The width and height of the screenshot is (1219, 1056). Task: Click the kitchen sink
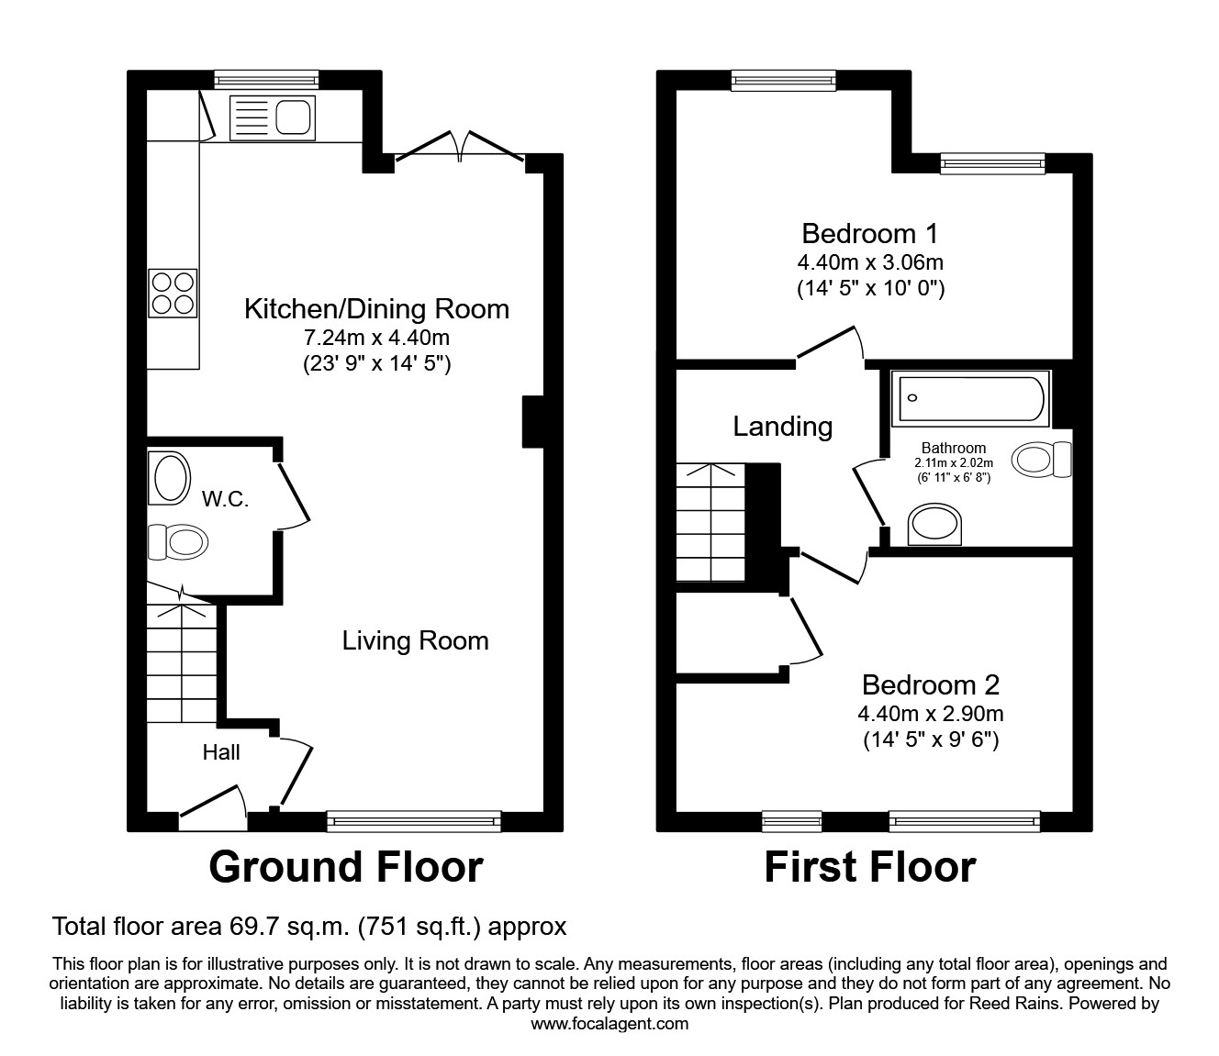[272, 118]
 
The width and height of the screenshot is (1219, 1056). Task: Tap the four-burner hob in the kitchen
[173, 293]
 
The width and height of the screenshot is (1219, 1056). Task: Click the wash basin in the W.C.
[169, 478]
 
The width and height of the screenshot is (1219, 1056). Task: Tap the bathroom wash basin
[935, 526]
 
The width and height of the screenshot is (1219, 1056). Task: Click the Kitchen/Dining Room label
[376, 308]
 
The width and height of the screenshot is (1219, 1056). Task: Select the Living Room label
[415, 640]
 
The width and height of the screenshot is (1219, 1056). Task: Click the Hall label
[221, 752]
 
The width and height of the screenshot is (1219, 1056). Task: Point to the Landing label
[782, 427]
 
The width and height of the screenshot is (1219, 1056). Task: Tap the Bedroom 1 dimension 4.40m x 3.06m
[870, 262]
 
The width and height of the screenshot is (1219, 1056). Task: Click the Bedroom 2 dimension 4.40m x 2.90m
[930, 714]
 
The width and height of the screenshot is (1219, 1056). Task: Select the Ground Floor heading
[345, 867]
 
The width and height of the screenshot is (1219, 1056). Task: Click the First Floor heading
[869, 867]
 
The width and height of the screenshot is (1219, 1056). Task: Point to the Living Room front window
[414, 820]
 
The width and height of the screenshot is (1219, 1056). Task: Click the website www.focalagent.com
[609, 1024]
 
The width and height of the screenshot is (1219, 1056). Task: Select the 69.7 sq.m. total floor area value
[287, 927]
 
